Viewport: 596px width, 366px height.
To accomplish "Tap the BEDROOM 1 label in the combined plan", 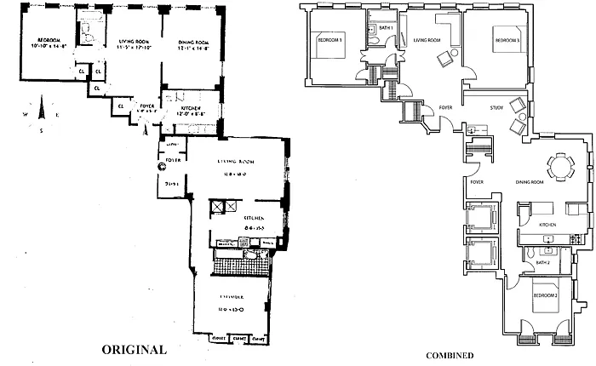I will pyautogui.click(x=330, y=40).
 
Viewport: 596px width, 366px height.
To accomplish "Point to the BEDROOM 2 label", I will pyautogui.click(x=545, y=295).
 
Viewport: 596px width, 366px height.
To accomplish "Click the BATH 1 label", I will pyautogui.click(x=386, y=28).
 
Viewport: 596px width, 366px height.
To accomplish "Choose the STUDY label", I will pyautogui.click(x=501, y=108).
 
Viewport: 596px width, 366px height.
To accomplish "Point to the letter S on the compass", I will pyautogui.click(x=40, y=130).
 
